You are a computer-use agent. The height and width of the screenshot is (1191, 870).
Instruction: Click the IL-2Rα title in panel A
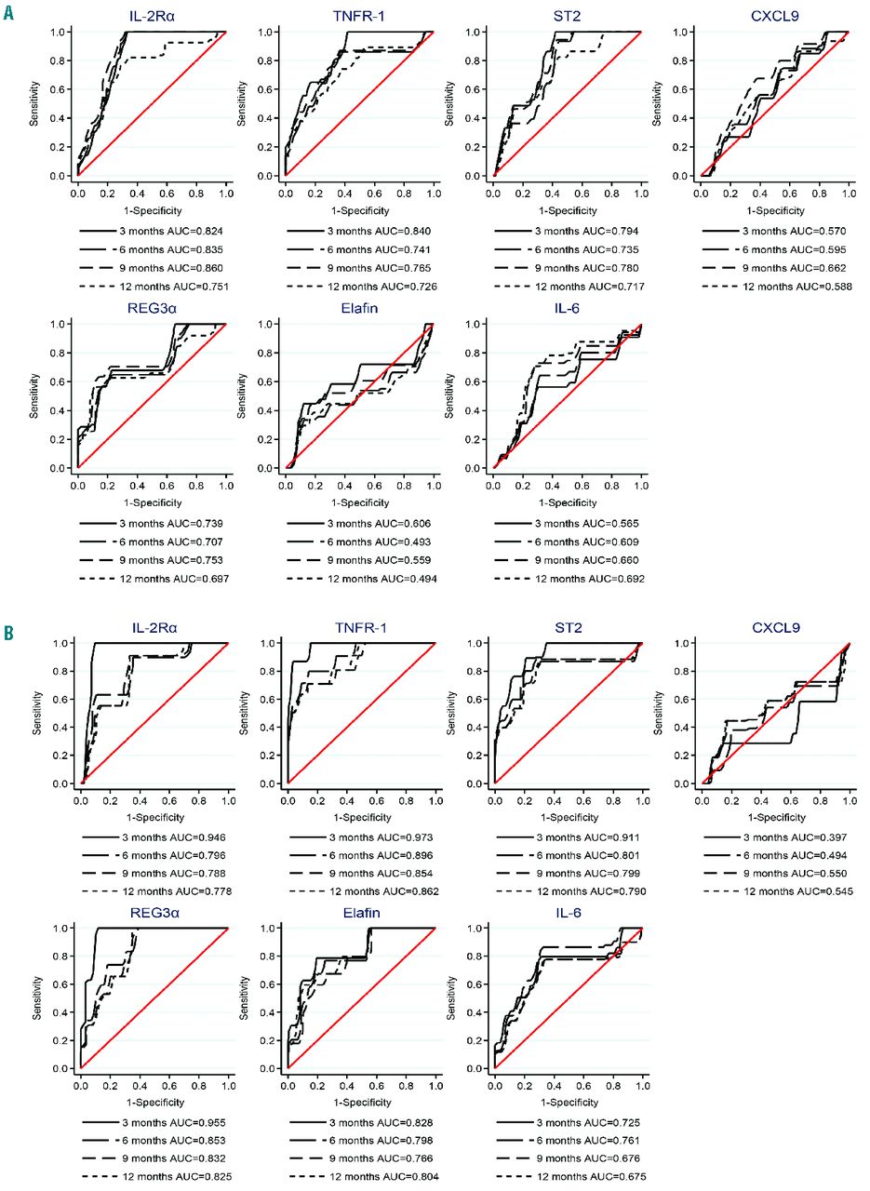152,16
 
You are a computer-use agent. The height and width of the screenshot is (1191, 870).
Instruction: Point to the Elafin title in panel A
359,309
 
